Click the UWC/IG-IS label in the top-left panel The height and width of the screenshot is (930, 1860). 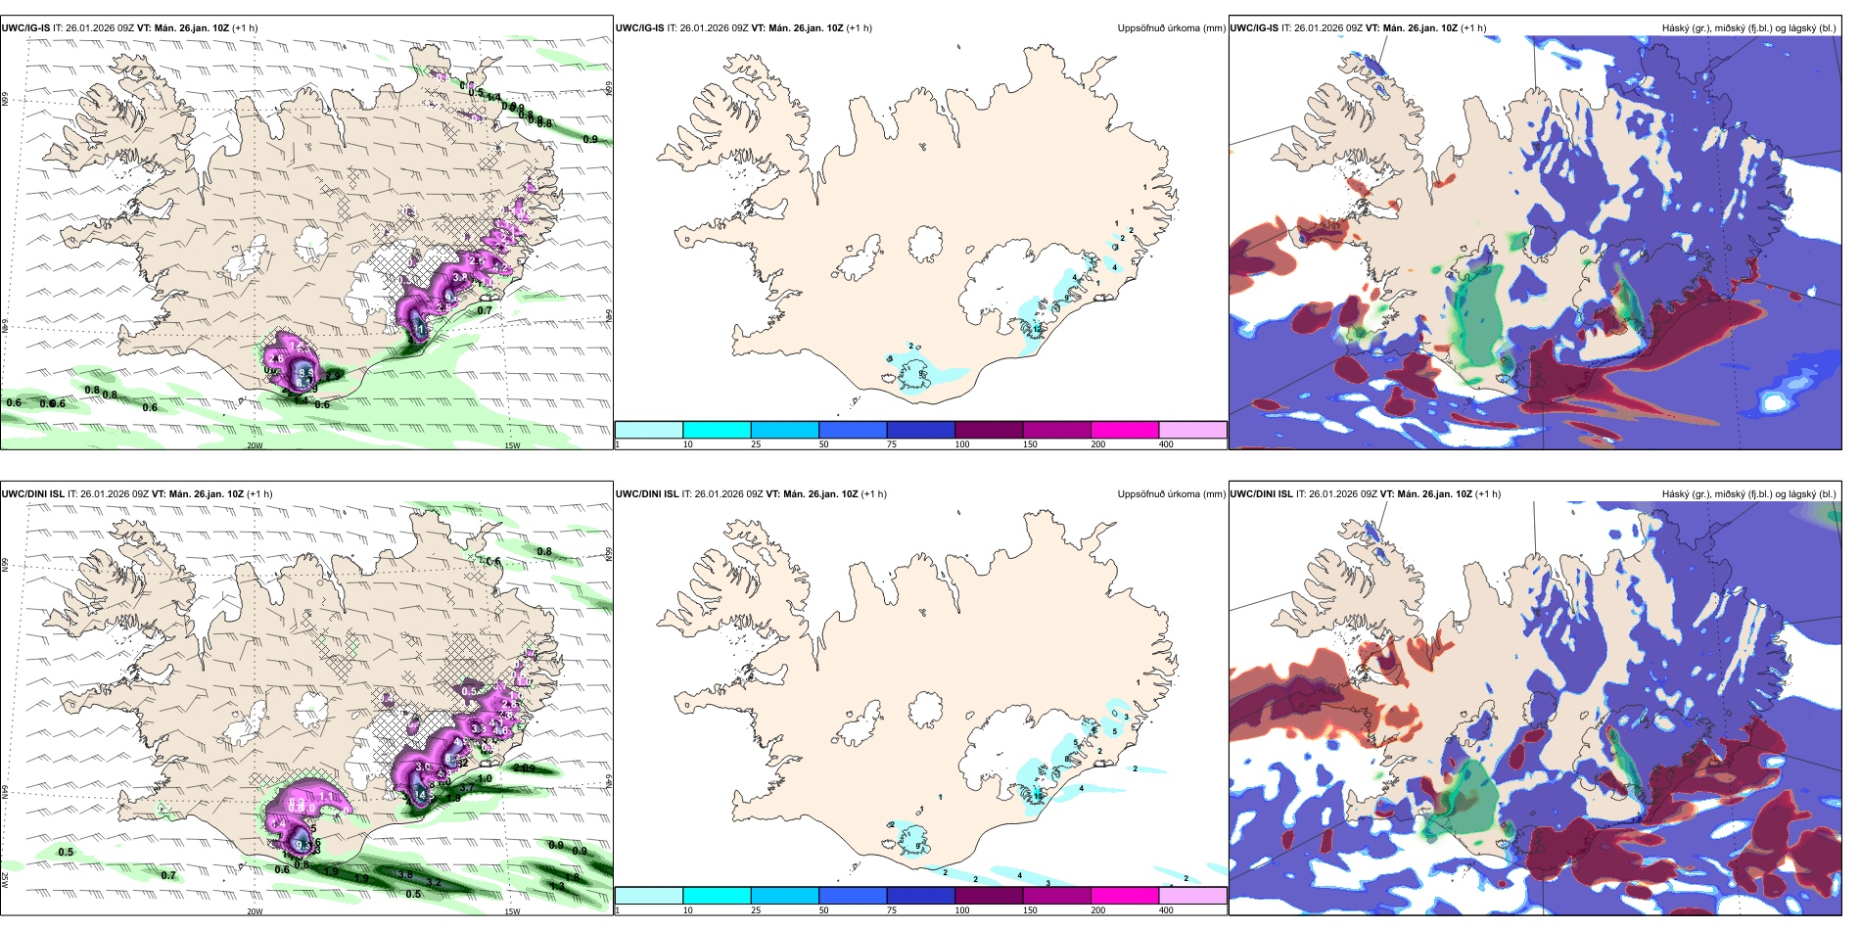25,28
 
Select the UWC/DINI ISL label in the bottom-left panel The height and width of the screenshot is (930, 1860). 33,494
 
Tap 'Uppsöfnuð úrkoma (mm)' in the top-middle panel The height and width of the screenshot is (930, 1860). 1171,28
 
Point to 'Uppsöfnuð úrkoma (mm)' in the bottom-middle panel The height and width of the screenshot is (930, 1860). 1171,494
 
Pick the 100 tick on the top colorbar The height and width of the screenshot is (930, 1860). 962,444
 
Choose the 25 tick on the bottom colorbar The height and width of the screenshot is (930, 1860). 756,910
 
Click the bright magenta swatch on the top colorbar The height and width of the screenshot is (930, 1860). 1124,430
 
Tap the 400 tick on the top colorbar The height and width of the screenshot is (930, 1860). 1166,444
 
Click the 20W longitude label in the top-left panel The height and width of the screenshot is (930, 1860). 255,445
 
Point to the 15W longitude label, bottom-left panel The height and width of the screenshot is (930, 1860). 511,911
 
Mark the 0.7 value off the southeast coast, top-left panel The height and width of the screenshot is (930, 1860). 485,310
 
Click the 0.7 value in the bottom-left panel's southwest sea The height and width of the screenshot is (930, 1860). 168,875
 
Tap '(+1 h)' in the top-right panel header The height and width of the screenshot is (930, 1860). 1472,28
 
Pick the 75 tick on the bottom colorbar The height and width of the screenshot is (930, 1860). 892,910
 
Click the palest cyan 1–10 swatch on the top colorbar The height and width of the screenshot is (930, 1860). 648,430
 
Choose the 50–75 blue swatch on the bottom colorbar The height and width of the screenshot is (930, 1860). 852,896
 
